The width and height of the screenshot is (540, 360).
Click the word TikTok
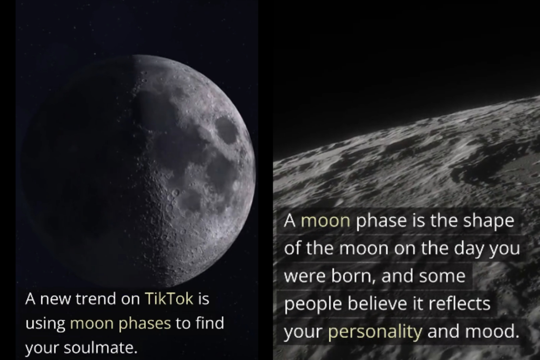coord(169,299)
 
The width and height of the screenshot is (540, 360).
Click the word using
coord(45,324)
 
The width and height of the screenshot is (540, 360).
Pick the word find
coord(210,324)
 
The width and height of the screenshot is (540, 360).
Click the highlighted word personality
coord(375,332)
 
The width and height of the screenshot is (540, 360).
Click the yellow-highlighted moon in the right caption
coord(325,221)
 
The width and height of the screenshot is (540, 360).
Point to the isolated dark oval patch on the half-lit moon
coord(226,130)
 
